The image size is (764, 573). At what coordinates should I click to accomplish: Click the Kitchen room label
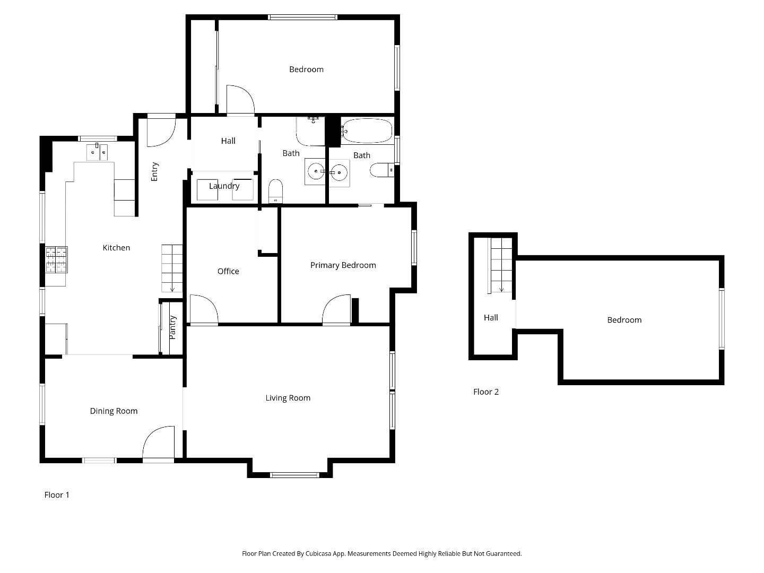116,248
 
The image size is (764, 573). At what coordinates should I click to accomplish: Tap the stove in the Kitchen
56,259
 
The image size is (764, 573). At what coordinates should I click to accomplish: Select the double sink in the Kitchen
98,152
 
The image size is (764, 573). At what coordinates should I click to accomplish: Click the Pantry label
172,327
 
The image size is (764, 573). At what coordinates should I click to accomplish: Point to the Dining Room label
114,411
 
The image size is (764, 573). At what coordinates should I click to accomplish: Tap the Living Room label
288,398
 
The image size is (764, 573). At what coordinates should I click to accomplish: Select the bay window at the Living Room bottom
290,474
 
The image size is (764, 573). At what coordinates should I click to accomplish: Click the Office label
228,271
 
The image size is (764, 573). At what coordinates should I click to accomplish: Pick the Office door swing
203,309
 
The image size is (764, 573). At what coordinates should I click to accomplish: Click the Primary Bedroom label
343,265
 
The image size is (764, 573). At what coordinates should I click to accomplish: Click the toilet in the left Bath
276,190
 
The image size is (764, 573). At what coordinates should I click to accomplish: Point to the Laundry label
224,186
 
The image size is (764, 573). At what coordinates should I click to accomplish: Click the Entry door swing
160,132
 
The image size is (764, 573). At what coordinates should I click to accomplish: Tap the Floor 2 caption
485,392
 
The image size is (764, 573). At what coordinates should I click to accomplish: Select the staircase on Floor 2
501,265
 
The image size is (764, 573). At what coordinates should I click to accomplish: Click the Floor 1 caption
57,495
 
